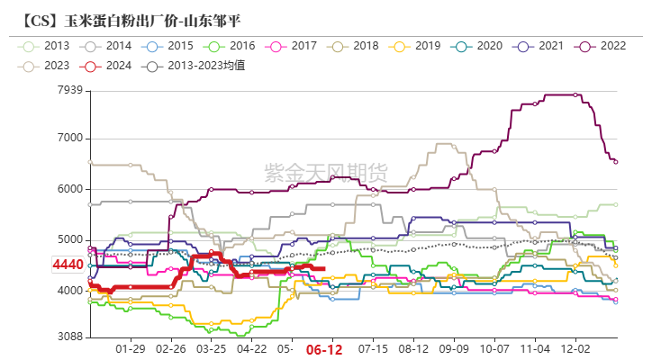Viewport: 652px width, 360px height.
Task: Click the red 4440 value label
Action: click(68, 265)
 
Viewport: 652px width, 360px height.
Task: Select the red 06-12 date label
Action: click(322, 349)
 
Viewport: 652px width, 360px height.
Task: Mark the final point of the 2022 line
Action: click(616, 162)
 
